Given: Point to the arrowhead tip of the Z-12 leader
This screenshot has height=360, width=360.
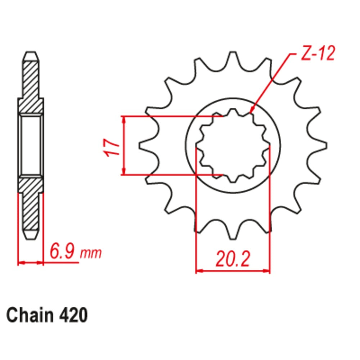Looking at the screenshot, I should click(x=251, y=113).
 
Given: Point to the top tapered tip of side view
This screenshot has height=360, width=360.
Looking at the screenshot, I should click(x=31, y=56).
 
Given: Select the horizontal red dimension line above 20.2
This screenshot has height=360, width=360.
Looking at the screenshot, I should click(x=233, y=270).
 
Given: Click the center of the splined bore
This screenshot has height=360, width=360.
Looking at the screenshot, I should click(x=233, y=145).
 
